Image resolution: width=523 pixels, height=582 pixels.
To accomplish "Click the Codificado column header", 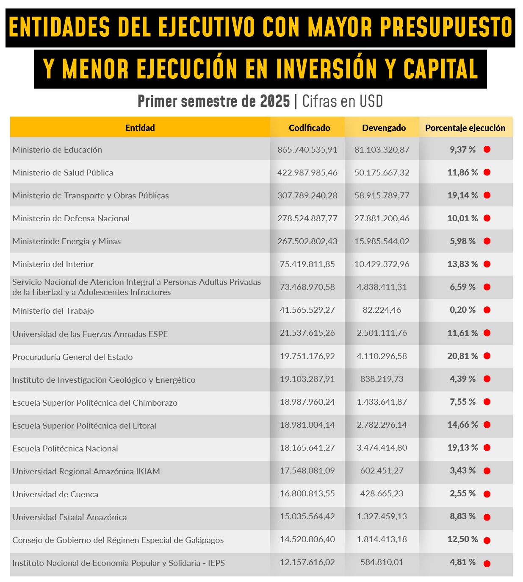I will (x=309, y=128).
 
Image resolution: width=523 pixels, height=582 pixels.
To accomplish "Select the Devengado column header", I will (x=384, y=128).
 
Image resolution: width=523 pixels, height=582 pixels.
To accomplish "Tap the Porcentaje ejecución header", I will (x=465, y=128).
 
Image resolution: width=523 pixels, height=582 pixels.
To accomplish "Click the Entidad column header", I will (x=140, y=128).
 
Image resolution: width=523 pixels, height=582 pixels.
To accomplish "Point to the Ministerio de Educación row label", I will (x=57, y=150).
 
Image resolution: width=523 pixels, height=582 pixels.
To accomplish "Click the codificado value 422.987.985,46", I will (x=307, y=173).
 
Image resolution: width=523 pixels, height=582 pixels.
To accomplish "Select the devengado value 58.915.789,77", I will (x=382, y=195).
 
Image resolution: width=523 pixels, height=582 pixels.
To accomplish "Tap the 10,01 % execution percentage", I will (x=462, y=218).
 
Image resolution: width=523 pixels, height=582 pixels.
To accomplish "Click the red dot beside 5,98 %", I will (x=487, y=241).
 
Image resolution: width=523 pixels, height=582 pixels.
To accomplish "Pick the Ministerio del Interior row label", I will (x=53, y=264).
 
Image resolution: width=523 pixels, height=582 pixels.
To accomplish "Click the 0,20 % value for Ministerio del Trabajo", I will (x=462, y=310).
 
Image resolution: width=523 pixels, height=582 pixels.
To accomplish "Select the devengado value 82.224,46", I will (x=382, y=310).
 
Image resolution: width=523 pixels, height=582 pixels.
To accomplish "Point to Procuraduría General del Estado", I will (x=72, y=357).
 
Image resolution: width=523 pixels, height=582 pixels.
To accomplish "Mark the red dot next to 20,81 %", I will (x=487, y=356).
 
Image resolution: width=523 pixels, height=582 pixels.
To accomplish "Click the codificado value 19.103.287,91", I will (x=307, y=379).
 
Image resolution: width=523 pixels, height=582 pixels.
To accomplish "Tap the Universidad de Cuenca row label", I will (x=55, y=494).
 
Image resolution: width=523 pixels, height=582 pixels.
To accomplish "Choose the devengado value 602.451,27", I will (x=382, y=471).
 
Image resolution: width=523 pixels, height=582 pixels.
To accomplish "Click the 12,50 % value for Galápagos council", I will (x=462, y=539).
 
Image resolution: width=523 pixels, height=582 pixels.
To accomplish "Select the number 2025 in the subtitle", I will (x=275, y=101).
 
